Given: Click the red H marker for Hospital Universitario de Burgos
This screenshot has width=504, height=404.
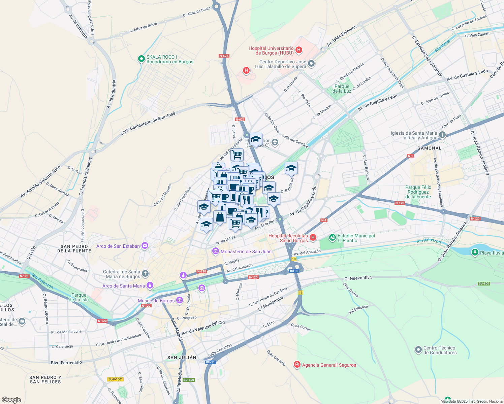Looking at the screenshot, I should pyautogui.click(x=298, y=50).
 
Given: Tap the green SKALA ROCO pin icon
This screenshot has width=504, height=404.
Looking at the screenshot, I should pyautogui.click(x=141, y=59).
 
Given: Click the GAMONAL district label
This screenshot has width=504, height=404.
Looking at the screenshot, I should pyautogui.click(x=429, y=148).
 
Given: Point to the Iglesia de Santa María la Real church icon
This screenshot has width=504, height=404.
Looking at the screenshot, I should pyautogui.click(x=442, y=135).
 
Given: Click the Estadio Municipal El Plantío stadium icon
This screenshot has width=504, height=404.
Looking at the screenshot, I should pyautogui.click(x=333, y=238).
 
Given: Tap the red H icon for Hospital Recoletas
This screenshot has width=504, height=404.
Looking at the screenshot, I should pyautogui.click(x=313, y=238).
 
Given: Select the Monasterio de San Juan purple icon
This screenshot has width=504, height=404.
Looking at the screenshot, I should pyautogui.click(x=215, y=251).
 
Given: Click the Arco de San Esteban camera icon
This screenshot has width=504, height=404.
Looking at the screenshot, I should pyautogui.click(x=145, y=246).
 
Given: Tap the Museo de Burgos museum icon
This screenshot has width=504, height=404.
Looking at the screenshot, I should pyautogui.click(x=179, y=300).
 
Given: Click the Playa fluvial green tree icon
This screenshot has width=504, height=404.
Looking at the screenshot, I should pyautogui.click(x=475, y=252).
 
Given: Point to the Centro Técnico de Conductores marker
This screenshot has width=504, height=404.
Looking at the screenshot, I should pyautogui.click(x=418, y=350).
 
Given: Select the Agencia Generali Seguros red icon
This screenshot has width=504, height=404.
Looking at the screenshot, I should pyautogui.click(x=297, y=365).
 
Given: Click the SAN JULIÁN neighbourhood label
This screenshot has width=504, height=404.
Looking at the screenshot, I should pyautogui.click(x=182, y=358).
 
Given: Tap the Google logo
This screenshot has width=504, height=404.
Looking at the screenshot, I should pyautogui.click(x=11, y=400).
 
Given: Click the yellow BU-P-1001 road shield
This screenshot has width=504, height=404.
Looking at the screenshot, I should pyautogui.click(x=115, y=379).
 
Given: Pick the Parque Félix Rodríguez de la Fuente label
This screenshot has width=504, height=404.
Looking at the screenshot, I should pyautogui.click(x=418, y=192).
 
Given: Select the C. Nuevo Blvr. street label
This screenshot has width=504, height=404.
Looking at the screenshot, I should pyautogui.click(x=358, y=278).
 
